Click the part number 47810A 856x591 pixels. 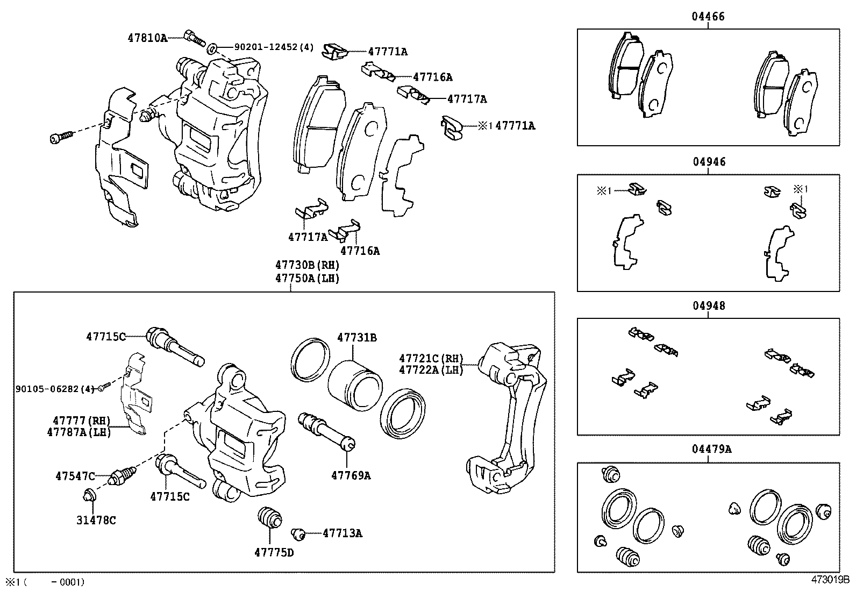pyautogui.click(x=147, y=38)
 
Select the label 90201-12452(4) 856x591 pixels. pyautogui.click(x=274, y=47)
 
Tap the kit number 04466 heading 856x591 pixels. pyautogui.click(x=708, y=17)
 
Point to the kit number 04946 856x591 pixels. pyautogui.click(x=708, y=162)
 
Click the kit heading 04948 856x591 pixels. pyautogui.click(x=708, y=306)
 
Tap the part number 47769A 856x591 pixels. pyautogui.click(x=351, y=475)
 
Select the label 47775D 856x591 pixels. pyautogui.click(x=274, y=552)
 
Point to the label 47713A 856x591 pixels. pyautogui.click(x=342, y=533)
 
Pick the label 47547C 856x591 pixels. pyautogui.click(x=75, y=476)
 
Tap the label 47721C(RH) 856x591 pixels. pyautogui.click(x=431, y=358)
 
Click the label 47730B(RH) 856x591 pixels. pyautogui.click(x=307, y=265)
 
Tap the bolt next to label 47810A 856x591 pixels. pyautogui.click(x=194, y=38)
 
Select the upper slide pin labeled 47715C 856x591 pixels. pyautogui.click(x=174, y=346)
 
